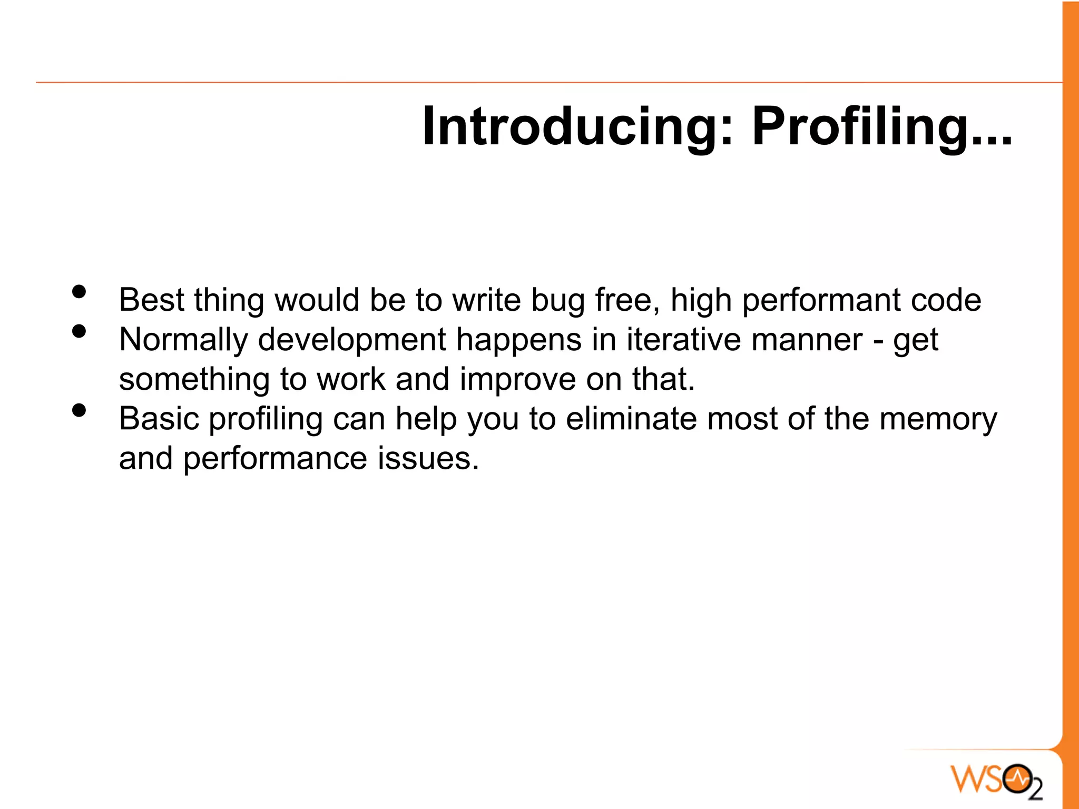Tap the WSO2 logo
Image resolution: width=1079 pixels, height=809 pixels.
tap(996, 778)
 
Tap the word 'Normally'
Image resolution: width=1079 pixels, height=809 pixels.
tap(183, 340)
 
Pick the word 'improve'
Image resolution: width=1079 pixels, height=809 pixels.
tap(517, 380)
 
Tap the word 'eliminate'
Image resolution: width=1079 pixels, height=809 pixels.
tap(631, 419)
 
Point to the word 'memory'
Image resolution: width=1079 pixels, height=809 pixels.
tap(938, 420)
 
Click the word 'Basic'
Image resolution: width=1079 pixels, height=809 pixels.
tap(159, 419)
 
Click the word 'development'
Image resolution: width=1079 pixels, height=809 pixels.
tap(351, 340)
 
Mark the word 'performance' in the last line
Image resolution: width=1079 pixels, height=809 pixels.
tap(275, 459)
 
